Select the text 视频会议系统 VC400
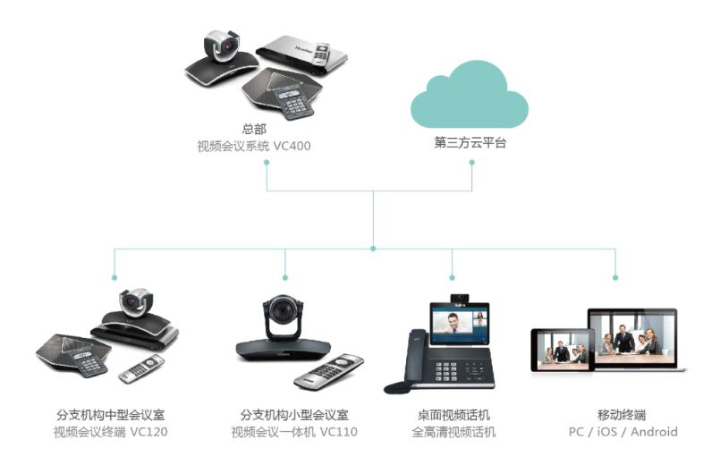(254, 146)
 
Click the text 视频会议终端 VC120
(110, 432)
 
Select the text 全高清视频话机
(453, 432)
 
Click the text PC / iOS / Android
(622, 432)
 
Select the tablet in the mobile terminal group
(562, 350)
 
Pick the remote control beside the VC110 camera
(330, 370)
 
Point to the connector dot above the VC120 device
(114, 276)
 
